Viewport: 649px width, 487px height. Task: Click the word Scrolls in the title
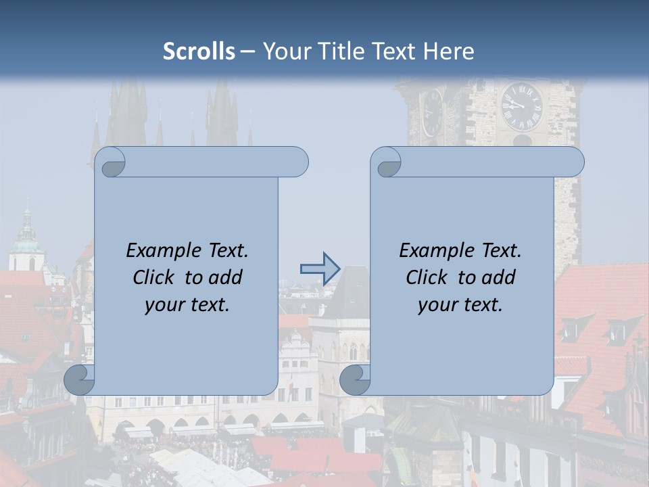[199, 51]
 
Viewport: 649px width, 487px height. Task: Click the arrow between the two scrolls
[320, 269]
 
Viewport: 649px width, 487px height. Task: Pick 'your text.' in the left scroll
[187, 304]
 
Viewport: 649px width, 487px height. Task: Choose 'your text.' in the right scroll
[460, 304]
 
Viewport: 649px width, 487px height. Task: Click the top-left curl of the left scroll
[111, 163]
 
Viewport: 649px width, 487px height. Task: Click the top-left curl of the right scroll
[387, 163]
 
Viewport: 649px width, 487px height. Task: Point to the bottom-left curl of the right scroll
[356, 379]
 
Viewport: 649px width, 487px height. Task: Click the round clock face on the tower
[521, 107]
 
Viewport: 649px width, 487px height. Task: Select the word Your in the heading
[285, 51]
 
